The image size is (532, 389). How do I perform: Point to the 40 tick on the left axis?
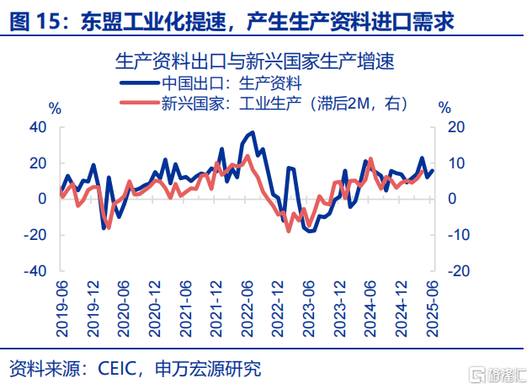39,126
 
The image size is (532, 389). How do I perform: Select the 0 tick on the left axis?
42,199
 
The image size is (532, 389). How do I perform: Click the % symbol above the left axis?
55,108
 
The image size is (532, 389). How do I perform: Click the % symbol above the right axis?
445,108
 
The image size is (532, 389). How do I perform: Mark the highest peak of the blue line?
253,132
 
